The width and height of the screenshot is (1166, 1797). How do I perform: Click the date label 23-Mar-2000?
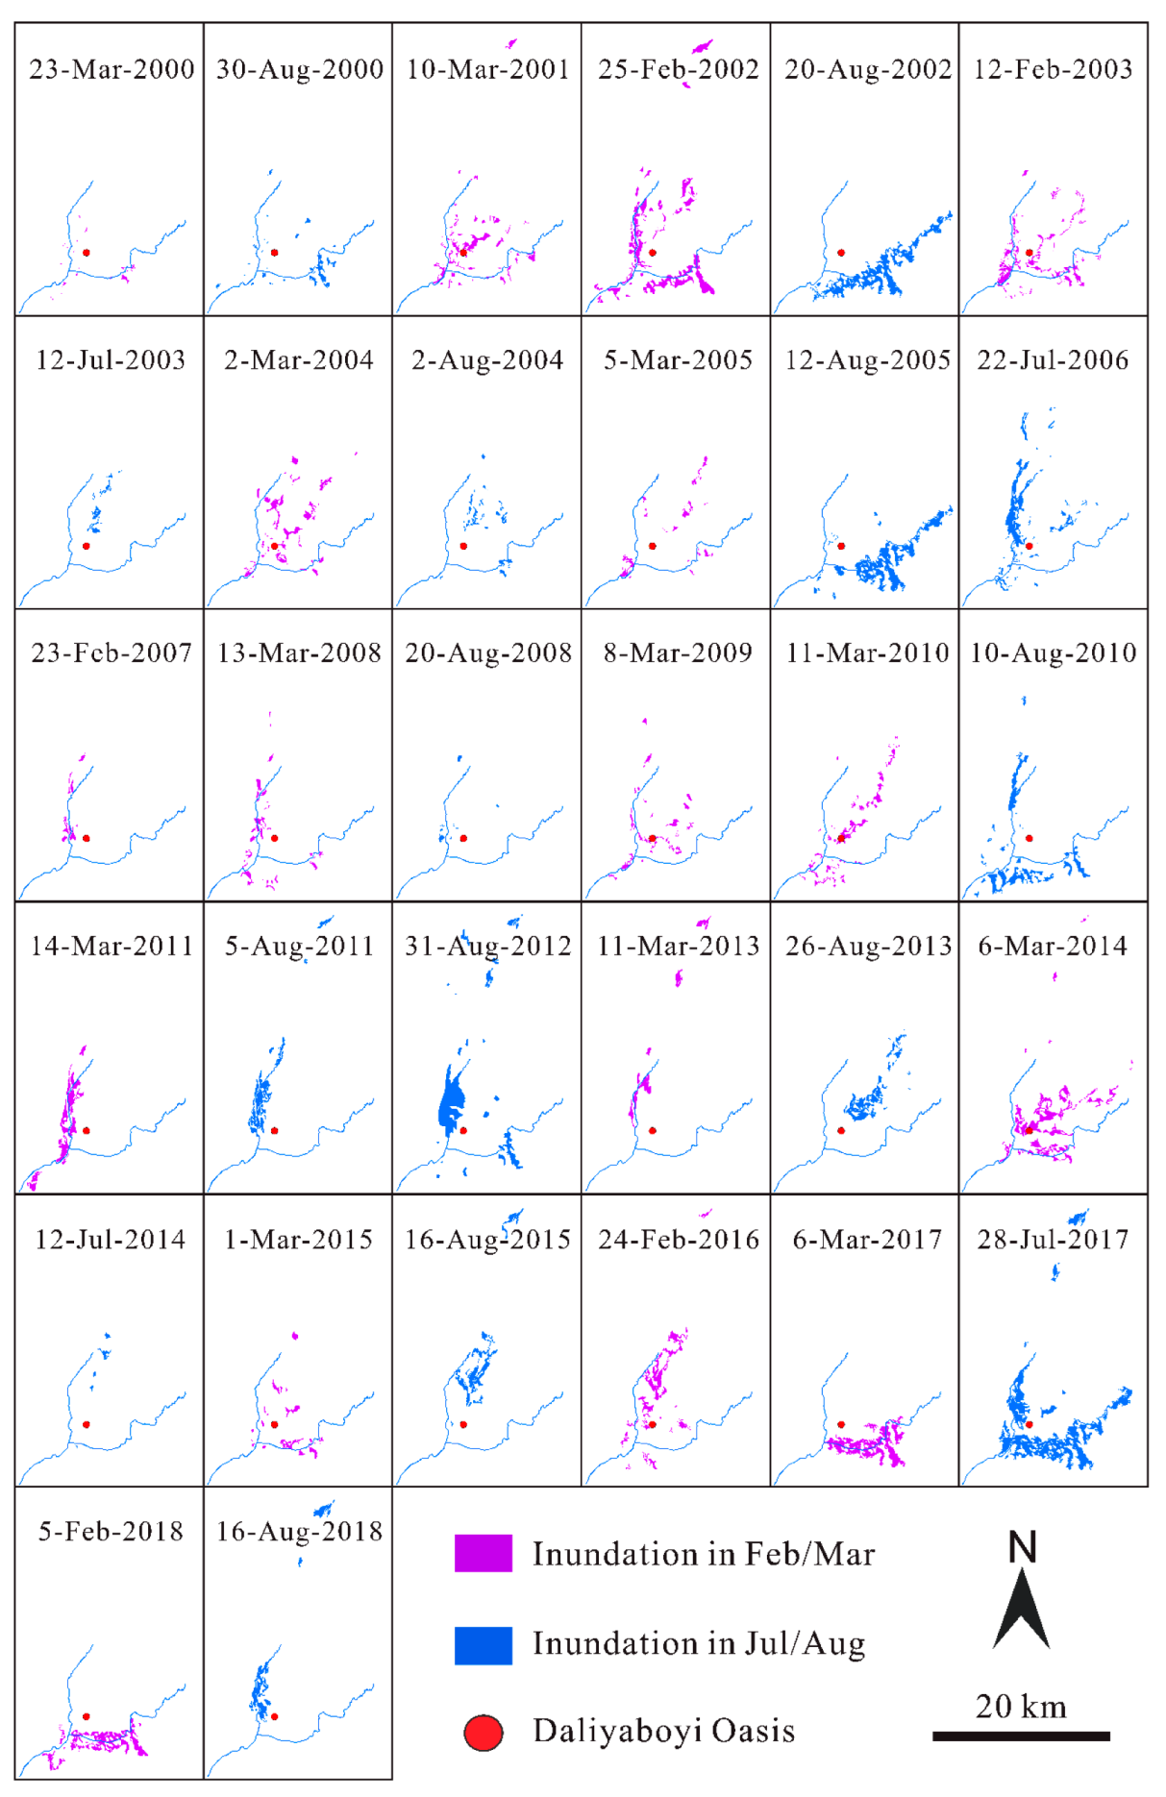112,69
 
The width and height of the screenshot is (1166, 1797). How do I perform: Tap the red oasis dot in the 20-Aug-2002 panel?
841,253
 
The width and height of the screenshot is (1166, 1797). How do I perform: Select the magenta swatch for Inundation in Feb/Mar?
483,1554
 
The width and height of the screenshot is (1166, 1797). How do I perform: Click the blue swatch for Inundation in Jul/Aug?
483,1645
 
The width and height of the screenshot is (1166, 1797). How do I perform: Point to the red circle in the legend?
484,1733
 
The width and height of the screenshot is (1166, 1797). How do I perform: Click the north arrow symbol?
1021,1609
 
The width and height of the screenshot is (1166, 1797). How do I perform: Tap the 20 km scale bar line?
1021,1736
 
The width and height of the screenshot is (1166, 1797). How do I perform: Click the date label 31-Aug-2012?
487,947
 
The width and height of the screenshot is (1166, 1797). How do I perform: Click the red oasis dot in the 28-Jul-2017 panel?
1029,1424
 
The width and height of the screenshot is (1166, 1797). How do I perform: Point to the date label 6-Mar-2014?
1053,947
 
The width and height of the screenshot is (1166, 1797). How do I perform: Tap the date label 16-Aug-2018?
299,1532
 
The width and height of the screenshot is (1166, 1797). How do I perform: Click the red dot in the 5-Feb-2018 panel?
87,1716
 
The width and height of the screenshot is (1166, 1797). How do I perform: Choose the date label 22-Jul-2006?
1053,360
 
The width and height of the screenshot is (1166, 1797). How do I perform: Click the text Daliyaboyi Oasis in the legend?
663,1732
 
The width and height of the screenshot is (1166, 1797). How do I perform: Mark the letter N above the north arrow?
1022,1548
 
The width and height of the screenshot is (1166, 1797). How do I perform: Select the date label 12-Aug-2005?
867,360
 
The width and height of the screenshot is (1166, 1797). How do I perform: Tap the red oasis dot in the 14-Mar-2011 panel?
87,1130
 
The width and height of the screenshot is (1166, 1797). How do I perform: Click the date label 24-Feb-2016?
679,1240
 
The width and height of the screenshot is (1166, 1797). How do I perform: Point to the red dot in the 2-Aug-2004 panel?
463,546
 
